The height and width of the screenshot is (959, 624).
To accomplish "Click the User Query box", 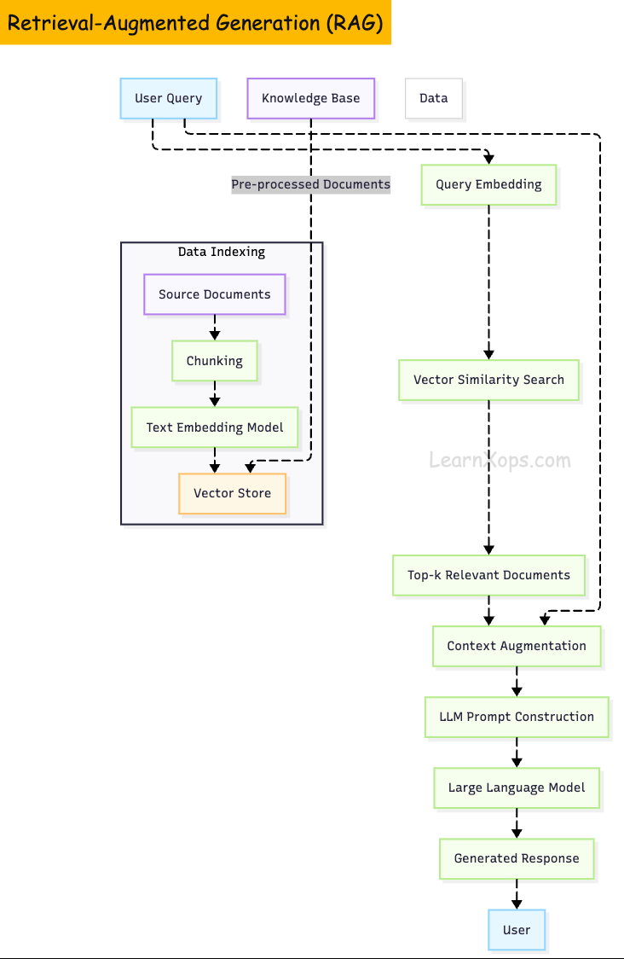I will [169, 98].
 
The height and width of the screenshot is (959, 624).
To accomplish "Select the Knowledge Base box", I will [310, 98].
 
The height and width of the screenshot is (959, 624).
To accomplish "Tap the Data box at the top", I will [433, 98].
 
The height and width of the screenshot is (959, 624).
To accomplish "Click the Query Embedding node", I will [488, 184].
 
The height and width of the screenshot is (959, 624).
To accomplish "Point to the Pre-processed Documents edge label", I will [310, 184].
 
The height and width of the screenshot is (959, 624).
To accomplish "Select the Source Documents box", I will [214, 294].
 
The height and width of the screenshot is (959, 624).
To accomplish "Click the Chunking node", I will [214, 361].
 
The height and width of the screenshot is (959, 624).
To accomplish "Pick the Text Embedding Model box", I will [214, 427].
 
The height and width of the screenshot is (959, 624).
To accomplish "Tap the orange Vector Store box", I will [232, 493].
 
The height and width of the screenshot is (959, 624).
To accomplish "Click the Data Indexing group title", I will [222, 252].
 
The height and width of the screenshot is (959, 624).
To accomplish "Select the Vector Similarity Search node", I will [488, 380].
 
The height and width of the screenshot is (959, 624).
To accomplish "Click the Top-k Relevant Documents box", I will [488, 575].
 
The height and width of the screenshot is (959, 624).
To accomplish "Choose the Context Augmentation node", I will [517, 646].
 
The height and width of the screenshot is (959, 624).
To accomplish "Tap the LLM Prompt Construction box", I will [517, 717].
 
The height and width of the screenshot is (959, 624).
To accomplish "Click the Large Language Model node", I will [517, 788].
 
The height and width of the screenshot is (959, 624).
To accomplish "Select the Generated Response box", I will [517, 858].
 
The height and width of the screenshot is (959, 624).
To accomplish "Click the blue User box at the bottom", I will [517, 930].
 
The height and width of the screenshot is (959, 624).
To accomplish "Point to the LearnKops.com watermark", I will [500, 461].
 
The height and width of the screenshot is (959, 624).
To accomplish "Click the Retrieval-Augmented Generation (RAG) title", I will [195, 23].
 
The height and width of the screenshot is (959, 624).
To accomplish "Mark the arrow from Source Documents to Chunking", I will [214, 328].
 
